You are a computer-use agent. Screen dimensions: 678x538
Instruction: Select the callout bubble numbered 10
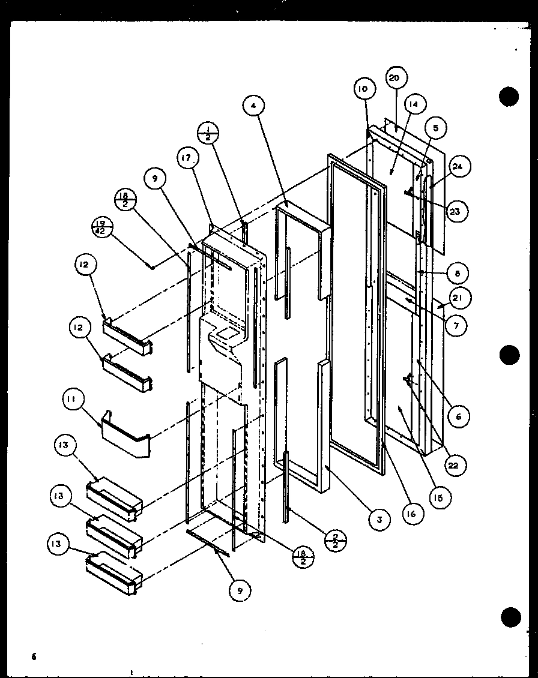pyautogui.click(x=364, y=90)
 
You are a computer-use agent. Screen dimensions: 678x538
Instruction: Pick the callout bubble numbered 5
pyautogui.click(x=435, y=127)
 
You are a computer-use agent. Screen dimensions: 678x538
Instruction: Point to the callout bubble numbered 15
pyautogui.click(x=441, y=497)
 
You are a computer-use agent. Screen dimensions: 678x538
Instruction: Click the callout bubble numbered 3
pyautogui.click(x=378, y=520)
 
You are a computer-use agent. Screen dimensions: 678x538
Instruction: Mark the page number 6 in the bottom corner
pyautogui.click(x=34, y=656)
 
